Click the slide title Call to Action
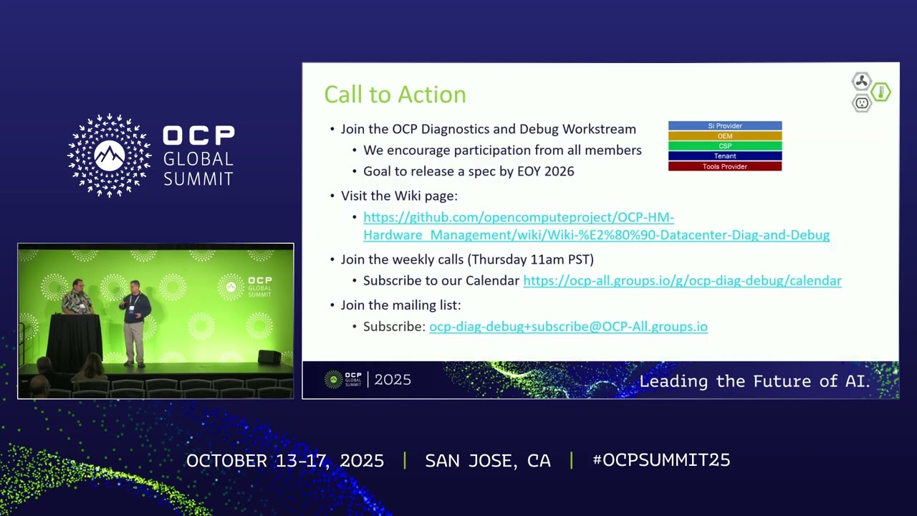coord(395,95)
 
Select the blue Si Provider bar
coord(724,126)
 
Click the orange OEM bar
coord(724,136)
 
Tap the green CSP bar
coord(724,146)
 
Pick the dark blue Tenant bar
coord(724,156)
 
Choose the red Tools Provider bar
coord(724,166)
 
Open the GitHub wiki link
coord(595,226)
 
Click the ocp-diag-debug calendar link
coord(681,281)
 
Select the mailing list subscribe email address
coord(567,327)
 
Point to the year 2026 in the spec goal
coord(559,171)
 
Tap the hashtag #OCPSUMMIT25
coord(661,460)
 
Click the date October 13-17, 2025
coord(284,460)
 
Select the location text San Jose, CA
coord(487,460)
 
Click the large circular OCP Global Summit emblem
coord(109,155)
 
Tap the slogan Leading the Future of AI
coord(754,381)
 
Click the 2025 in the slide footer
coord(393,380)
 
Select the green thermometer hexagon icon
coord(881,92)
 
